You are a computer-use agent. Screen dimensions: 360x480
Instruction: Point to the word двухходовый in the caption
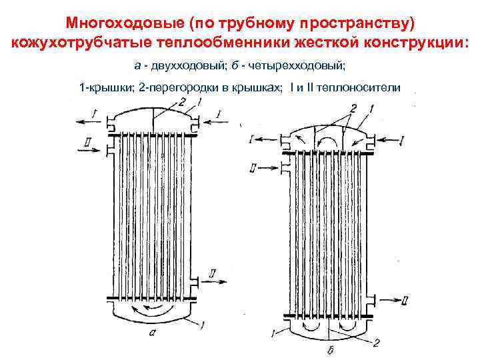pos(176,65)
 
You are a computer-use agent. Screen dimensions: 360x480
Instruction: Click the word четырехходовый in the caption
pos(298,65)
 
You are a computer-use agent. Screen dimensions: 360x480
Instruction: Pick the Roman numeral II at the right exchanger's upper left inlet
pos(252,167)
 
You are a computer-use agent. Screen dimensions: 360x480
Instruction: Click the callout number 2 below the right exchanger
pos(377,343)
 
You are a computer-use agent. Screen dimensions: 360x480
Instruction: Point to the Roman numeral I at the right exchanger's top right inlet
pos(402,140)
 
